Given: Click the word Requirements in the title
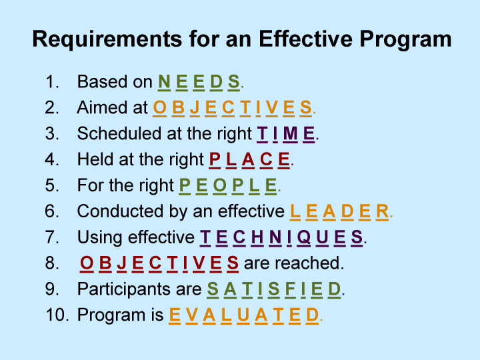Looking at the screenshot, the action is (107, 39).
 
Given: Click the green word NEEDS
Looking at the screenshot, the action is (199, 83).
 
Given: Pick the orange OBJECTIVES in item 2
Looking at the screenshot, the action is (233, 108).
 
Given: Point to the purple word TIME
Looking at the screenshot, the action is (285, 134).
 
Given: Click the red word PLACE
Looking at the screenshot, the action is (249, 160).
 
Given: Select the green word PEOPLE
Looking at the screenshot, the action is (228, 185).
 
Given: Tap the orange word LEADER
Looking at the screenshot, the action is (339, 211).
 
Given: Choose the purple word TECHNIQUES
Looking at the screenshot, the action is (281, 237).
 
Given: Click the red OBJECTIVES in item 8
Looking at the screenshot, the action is (159, 263).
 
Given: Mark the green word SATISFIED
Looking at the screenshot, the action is (274, 289).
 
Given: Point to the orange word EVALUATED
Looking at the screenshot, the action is (244, 315).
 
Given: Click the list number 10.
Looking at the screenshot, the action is (57, 315).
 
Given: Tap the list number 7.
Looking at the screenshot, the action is (51, 237).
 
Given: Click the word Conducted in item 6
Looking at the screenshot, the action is (120, 211).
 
